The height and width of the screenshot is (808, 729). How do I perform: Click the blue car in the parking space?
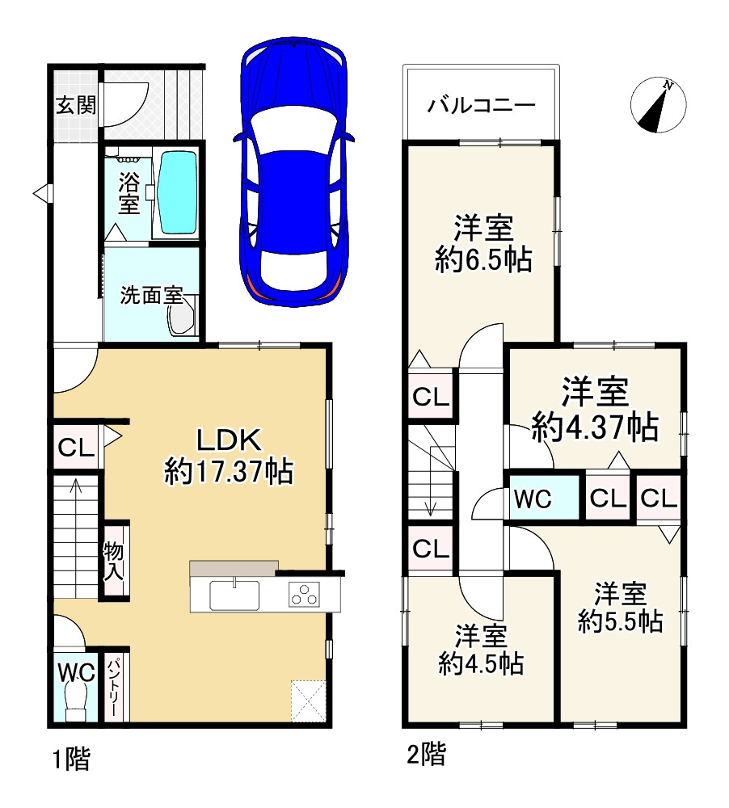(293, 171)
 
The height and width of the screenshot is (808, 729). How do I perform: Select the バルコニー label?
(482, 105)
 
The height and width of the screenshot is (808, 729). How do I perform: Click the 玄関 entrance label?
(76, 105)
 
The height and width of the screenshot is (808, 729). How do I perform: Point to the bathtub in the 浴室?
(178, 192)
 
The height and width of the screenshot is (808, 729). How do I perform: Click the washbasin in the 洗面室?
(183, 315)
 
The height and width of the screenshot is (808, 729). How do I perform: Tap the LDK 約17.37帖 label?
(229, 456)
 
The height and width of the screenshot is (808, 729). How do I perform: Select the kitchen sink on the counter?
(234, 594)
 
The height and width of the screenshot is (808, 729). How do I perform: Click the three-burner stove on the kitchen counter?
(304, 593)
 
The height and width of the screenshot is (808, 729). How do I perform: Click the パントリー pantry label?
(113, 685)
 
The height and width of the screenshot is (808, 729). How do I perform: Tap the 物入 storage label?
(113, 561)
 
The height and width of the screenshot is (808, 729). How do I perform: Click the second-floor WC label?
(533, 499)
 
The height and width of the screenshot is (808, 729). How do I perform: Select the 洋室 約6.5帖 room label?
(483, 244)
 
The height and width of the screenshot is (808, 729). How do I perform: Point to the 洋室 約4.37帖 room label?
(595, 409)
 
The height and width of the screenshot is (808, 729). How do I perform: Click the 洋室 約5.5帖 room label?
(620, 608)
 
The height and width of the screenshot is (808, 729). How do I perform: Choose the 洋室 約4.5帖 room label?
(481, 650)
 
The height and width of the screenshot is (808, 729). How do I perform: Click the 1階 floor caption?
(72, 759)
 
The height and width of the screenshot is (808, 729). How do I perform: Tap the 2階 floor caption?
(427, 754)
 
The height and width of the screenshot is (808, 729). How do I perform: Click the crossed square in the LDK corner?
(308, 701)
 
